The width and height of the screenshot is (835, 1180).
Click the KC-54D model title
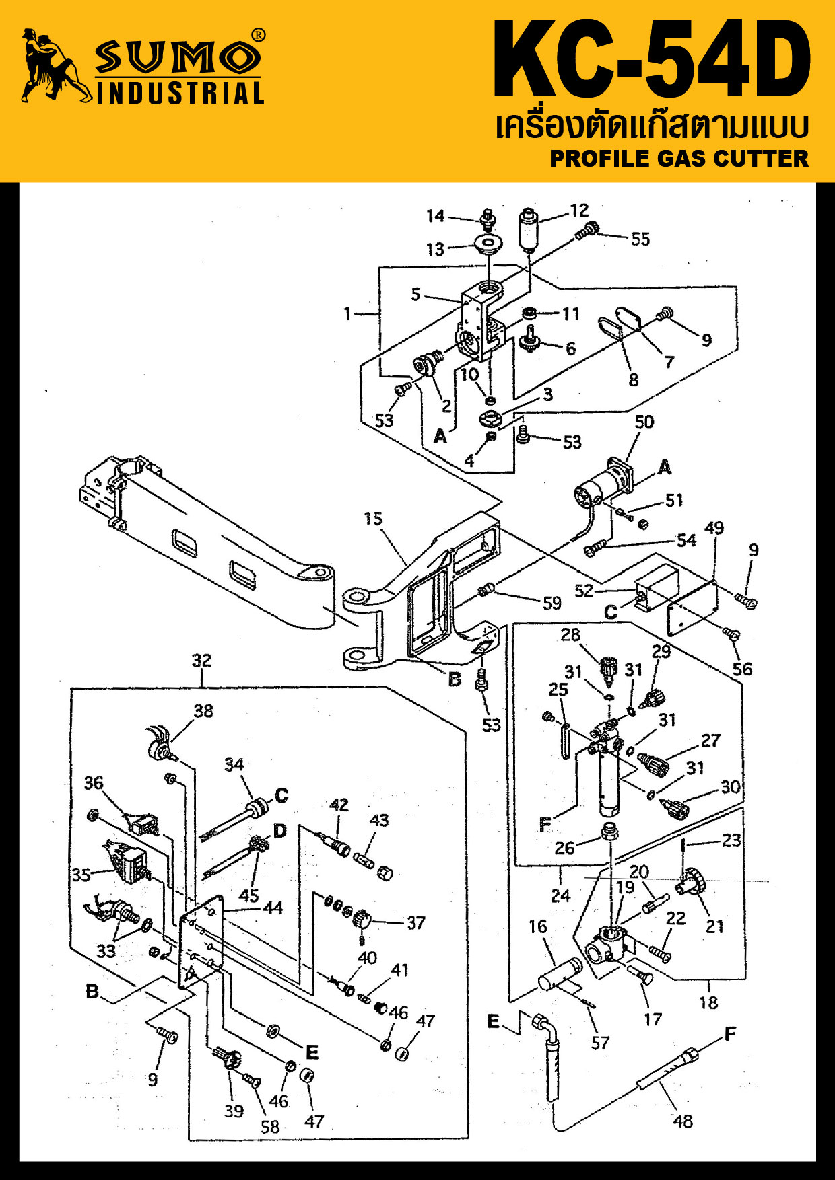[x=652, y=61]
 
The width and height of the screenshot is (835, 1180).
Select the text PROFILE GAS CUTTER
[x=679, y=159]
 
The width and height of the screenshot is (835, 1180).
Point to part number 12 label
[x=579, y=211]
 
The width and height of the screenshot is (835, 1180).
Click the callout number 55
[x=640, y=239]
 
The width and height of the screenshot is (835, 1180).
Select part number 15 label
[x=373, y=519]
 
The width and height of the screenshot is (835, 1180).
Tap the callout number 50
[x=644, y=422]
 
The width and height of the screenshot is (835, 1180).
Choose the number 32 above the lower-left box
[x=201, y=661]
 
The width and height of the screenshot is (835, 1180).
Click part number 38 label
[x=203, y=711]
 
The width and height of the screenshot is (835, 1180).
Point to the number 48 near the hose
[x=683, y=1121]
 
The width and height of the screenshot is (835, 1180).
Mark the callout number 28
[x=570, y=635]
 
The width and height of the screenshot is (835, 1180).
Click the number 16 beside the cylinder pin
[x=537, y=926]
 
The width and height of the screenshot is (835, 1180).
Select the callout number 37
[x=416, y=923]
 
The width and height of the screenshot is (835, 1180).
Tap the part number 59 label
[x=552, y=603]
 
